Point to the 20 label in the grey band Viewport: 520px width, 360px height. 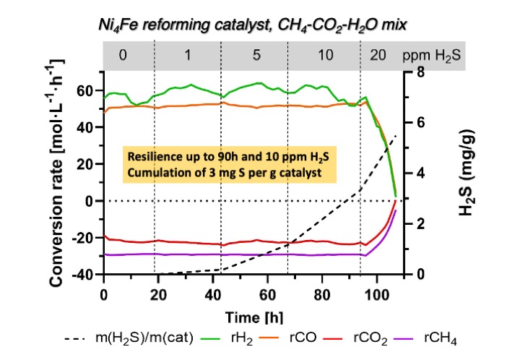point(378,55)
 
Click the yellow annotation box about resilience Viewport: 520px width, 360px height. point(230,166)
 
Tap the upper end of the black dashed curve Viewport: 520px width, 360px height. point(396,136)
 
